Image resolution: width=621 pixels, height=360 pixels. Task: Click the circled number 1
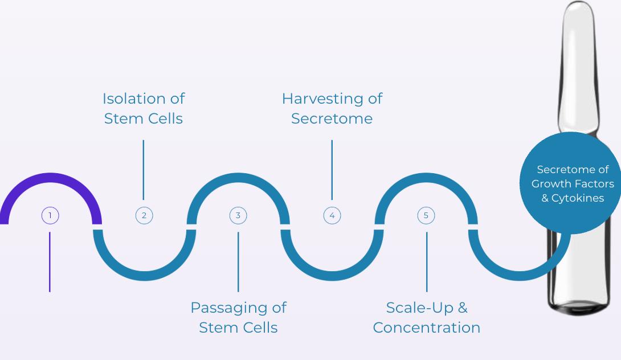click(x=50, y=215)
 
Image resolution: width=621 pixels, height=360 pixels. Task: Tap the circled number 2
click(x=144, y=215)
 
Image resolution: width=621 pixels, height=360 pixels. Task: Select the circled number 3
click(x=238, y=215)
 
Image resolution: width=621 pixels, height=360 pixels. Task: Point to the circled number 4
click(x=332, y=215)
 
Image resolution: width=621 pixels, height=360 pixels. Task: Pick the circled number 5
click(x=426, y=215)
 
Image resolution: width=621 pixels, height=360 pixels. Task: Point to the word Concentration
click(x=426, y=328)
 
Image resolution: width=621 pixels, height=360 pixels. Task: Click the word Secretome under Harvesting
click(x=332, y=118)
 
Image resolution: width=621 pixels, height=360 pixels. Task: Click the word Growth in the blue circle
click(x=552, y=184)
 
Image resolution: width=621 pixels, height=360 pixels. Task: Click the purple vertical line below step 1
click(x=50, y=261)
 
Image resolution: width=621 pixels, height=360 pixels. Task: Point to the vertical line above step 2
click(x=144, y=169)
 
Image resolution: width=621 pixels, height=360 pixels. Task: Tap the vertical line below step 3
click(x=238, y=261)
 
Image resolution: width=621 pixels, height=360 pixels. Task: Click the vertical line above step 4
click(x=332, y=169)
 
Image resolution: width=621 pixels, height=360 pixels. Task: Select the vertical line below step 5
click(x=427, y=261)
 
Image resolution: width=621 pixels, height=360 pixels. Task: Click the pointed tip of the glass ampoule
click(x=579, y=7)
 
